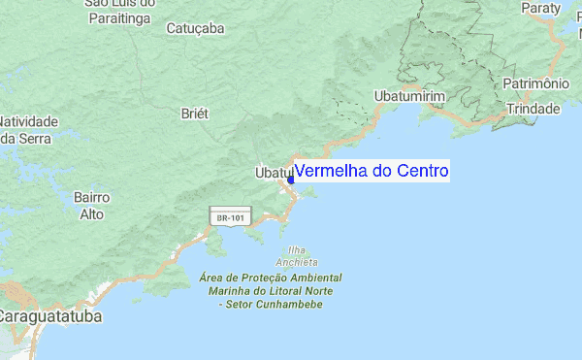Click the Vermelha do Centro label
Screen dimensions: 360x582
click(x=372, y=172)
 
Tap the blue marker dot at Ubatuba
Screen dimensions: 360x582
click(x=290, y=180)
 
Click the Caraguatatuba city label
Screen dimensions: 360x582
click(x=50, y=316)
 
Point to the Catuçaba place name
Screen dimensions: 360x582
click(x=195, y=28)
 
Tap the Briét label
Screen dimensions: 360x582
click(x=195, y=114)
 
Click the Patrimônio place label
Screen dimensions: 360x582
click(x=534, y=84)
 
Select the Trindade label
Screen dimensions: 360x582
click(x=532, y=108)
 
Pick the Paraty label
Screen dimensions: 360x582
click(x=540, y=8)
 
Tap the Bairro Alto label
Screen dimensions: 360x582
click(x=91, y=205)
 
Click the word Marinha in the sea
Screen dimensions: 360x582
click(x=224, y=291)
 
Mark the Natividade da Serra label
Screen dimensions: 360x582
click(x=29, y=130)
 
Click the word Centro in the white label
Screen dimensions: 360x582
click(x=417, y=172)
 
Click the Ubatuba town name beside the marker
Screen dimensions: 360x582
click(x=272, y=173)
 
